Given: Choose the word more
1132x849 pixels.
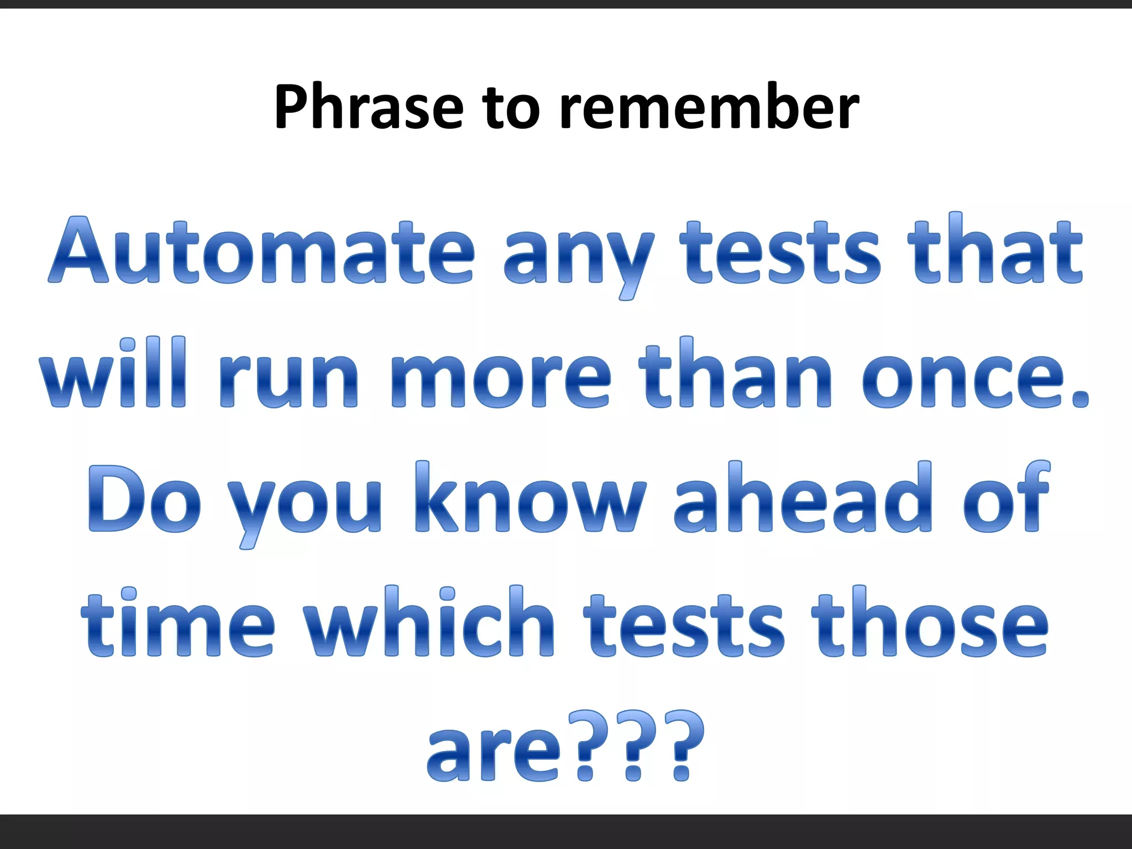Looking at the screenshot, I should tap(500, 381).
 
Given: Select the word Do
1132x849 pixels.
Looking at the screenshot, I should tap(144, 500).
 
